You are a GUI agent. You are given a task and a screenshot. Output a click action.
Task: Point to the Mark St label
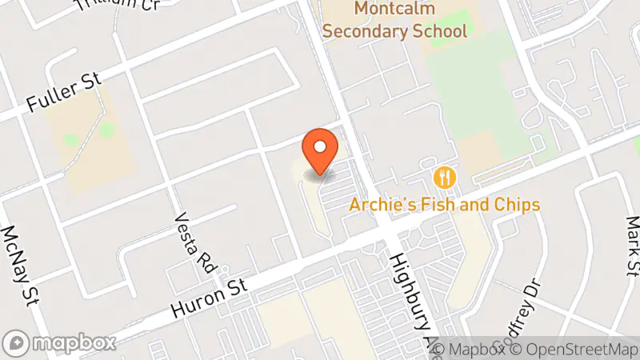(x=633, y=245)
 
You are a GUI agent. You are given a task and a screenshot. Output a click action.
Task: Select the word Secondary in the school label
(x=370, y=32)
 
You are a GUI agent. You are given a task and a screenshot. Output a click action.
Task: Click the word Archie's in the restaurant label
(x=378, y=205)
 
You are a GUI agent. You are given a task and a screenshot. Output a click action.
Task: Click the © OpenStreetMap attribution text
(x=573, y=350)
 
